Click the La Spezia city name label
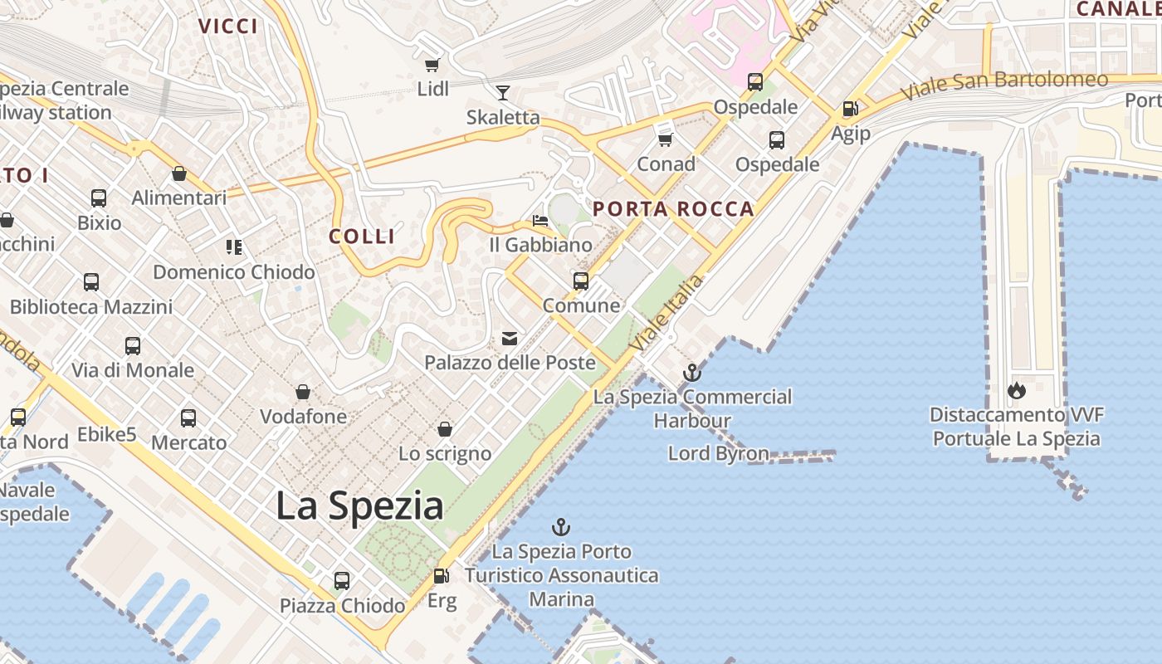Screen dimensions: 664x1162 (359, 505)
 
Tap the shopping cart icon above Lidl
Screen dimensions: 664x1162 (432, 65)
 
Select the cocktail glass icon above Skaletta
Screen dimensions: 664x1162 (503, 92)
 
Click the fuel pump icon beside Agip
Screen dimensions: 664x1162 (850, 109)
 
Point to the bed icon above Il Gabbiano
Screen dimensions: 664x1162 (540, 221)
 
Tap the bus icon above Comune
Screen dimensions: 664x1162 (581, 281)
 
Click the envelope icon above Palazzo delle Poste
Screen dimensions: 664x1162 (510, 339)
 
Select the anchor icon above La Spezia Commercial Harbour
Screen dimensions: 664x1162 (691, 373)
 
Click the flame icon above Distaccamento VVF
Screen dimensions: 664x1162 (1016, 390)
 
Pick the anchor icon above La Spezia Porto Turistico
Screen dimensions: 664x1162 (561, 527)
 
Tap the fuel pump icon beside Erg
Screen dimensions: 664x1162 (442, 575)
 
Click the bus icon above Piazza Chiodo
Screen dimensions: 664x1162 (341, 581)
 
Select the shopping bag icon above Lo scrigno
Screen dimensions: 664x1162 (445, 429)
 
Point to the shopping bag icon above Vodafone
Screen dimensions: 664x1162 (303, 392)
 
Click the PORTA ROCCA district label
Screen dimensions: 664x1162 (673, 209)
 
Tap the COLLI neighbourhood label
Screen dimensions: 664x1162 (362, 237)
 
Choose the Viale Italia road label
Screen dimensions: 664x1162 (666, 312)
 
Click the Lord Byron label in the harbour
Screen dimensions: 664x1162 (718, 453)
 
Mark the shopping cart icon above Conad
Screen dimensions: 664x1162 (665, 139)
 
